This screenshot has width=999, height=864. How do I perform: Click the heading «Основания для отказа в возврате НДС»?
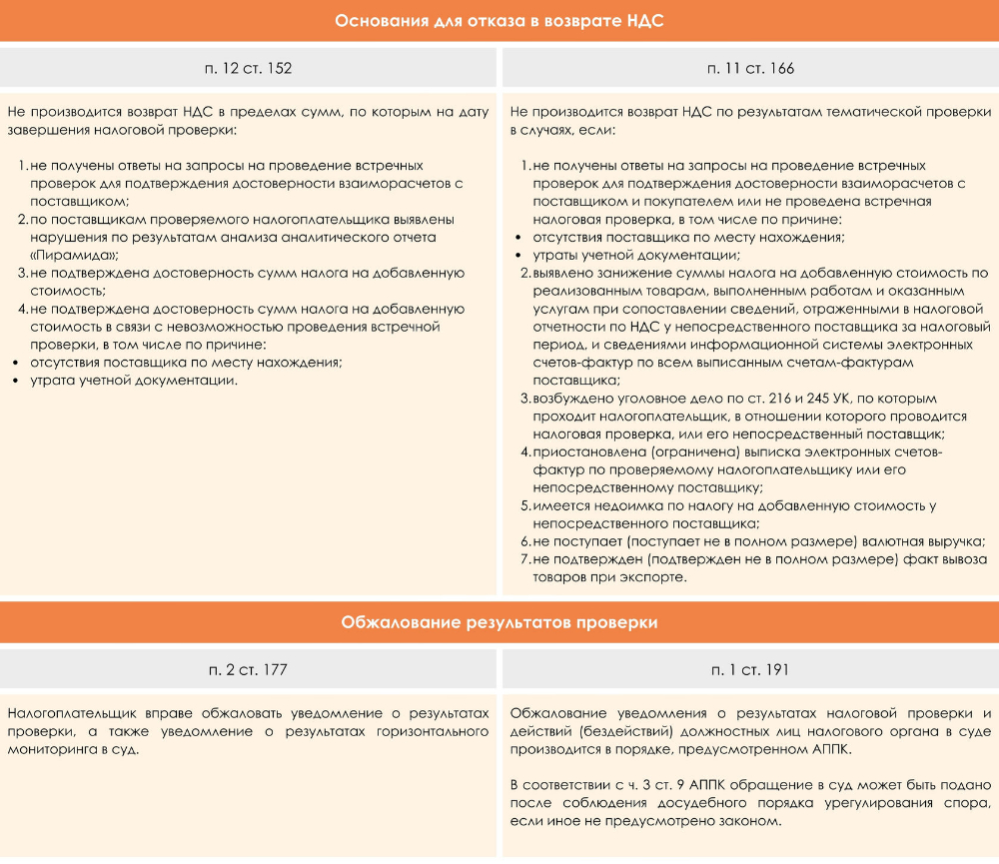(499, 21)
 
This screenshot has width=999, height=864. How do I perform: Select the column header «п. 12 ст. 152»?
(248, 69)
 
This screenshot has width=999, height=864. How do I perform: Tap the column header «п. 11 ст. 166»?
(750, 69)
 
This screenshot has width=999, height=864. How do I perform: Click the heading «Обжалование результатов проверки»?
(499, 622)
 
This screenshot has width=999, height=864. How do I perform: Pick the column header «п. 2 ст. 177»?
(248, 669)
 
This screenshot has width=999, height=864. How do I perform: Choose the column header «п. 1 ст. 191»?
(750, 669)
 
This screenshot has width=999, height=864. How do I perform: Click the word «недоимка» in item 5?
(622, 506)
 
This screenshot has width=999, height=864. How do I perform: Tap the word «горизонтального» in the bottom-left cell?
(438, 731)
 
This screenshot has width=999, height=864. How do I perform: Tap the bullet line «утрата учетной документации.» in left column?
(134, 381)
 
